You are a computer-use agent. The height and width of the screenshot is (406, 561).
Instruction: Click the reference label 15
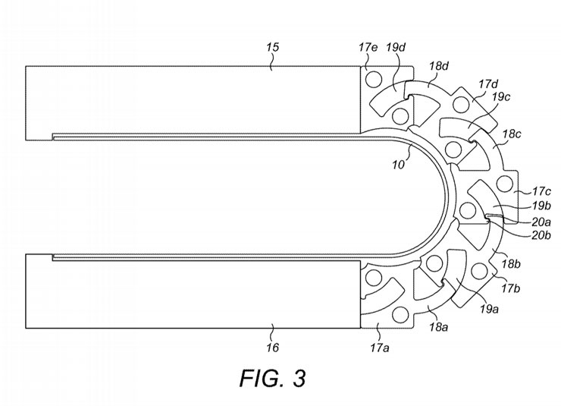pyautogui.click(x=272, y=47)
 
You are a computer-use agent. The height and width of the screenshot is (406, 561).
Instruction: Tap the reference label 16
pyautogui.click(x=272, y=348)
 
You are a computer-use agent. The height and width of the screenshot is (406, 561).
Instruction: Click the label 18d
pyautogui.click(x=439, y=66)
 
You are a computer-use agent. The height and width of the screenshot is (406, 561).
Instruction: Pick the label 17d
pyautogui.click(x=488, y=84)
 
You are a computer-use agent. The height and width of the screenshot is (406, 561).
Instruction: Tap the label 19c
pyautogui.click(x=501, y=96)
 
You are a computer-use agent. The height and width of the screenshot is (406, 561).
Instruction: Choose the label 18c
pyautogui.click(x=512, y=134)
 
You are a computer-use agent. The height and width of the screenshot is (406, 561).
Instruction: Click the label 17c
pyautogui.click(x=541, y=191)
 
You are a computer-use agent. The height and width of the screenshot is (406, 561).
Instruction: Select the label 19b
pyautogui.click(x=541, y=206)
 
